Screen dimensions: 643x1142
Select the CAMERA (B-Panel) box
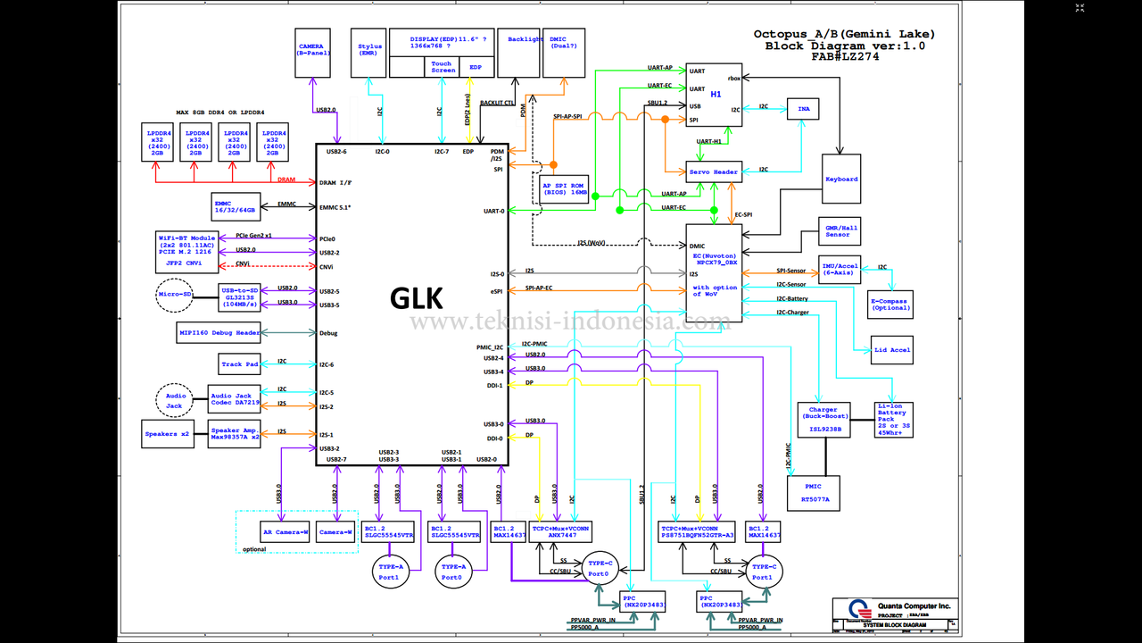click(312, 49)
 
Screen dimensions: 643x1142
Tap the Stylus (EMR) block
click(369, 50)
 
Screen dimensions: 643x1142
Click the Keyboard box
click(840, 179)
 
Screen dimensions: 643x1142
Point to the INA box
click(803, 108)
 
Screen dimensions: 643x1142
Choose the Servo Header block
click(714, 171)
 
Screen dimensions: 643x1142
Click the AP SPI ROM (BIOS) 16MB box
click(564, 188)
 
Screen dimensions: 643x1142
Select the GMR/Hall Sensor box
click(838, 230)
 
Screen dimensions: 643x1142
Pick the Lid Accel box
click(892, 350)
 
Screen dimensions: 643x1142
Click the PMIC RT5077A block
click(814, 493)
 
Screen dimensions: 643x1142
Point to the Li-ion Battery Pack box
click(893, 420)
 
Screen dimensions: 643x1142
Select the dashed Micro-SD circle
click(175, 295)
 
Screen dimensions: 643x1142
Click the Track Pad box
click(239, 363)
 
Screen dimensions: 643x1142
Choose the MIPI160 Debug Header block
click(219, 333)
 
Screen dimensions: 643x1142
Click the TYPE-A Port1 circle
click(389, 571)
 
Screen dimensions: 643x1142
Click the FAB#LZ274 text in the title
click(845, 56)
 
